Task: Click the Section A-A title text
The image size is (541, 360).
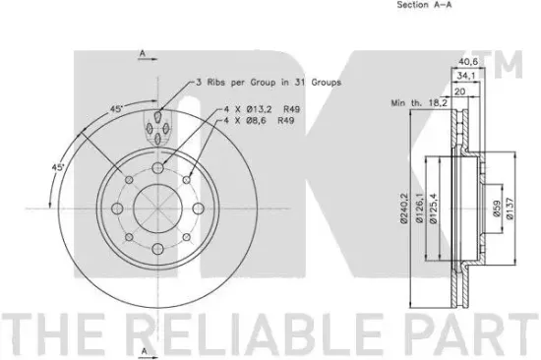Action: [424, 6]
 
